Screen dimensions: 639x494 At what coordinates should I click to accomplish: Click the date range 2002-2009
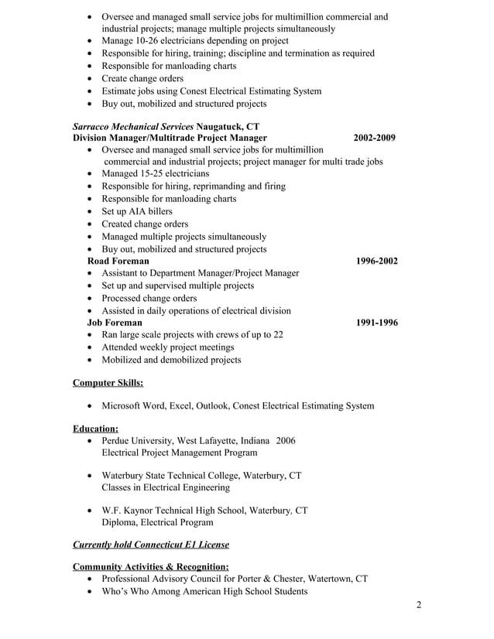[374, 138]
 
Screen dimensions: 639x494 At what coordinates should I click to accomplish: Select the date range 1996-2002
[376, 261]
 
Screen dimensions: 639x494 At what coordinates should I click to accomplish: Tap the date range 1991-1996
[376, 323]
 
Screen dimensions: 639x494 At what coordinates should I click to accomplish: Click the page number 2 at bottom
[419, 605]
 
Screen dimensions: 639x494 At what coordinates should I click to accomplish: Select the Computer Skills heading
[108, 382]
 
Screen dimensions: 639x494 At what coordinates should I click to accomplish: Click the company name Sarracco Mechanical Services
[133, 126]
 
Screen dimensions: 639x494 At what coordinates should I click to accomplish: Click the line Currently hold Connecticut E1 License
[150, 545]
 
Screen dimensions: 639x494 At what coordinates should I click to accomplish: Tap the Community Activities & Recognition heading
[150, 566]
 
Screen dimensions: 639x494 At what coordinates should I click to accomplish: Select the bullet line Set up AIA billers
[137, 211]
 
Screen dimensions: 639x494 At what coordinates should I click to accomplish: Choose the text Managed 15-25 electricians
[156, 174]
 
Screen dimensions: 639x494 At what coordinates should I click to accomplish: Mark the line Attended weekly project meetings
[168, 347]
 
